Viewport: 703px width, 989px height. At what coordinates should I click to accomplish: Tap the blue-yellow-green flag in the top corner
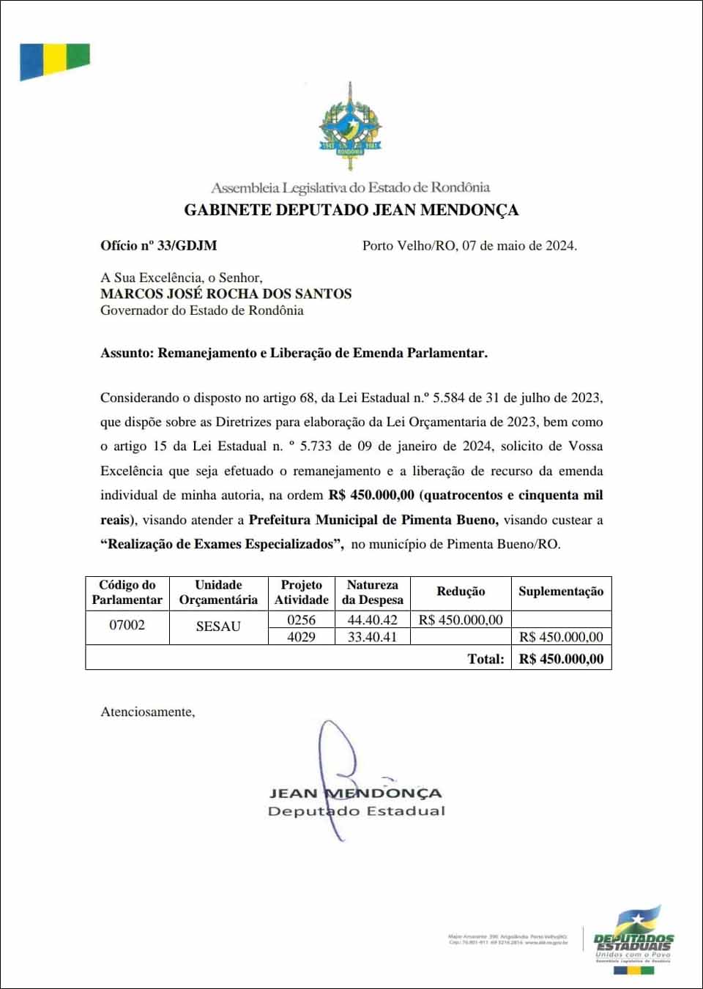point(54,61)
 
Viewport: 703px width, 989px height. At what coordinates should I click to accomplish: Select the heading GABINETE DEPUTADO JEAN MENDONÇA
point(351,210)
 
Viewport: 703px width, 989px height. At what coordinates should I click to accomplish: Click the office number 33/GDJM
point(187,246)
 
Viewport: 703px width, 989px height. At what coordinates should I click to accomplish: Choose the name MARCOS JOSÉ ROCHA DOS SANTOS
point(226,294)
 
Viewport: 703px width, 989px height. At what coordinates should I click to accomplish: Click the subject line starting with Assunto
point(294,353)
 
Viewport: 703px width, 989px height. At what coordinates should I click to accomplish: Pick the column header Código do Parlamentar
point(127,592)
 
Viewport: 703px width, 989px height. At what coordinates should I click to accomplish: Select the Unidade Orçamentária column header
point(218,592)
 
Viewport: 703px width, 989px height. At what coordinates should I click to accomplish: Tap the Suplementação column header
point(561,591)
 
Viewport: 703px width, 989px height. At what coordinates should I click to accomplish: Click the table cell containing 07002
point(127,625)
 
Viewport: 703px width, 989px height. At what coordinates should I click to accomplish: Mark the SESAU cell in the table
point(218,627)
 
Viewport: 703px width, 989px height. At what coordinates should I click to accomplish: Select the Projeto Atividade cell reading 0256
point(301,620)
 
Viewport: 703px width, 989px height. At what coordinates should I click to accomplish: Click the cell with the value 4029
point(301,637)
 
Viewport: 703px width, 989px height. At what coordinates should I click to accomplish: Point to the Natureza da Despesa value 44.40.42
point(372,620)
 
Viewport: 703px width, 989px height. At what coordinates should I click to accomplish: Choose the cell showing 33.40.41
point(372,637)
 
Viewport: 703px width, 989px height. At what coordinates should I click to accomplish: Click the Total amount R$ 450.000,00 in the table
point(561,659)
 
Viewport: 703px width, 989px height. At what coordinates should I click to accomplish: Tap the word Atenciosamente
point(148,712)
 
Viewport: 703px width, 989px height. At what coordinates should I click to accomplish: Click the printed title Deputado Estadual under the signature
point(357,811)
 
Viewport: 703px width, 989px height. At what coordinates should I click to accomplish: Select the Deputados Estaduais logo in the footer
point(633,941)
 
